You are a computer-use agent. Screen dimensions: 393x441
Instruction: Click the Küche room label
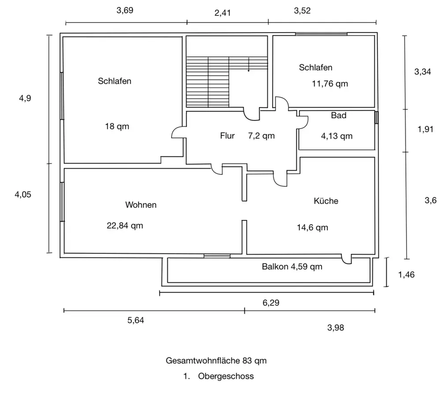coord(326,201)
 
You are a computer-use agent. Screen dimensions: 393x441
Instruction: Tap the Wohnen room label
coord(141,205)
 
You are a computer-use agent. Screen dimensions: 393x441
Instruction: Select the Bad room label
coord(339,116)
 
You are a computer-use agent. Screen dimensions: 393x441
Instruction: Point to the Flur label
coord(228,136)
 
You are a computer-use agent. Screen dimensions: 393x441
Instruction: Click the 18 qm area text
coord(117,126)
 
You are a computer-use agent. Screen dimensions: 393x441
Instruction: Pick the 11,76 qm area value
coord(330,84)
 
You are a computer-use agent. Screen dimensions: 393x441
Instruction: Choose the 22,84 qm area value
coord(125,226)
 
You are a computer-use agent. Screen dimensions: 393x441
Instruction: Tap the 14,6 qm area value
coord(313,227)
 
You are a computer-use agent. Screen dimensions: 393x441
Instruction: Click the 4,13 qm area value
coord(336,136)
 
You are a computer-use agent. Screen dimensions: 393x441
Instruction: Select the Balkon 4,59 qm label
coord(292,267)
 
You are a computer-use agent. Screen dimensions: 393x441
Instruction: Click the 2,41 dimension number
coord(223,13)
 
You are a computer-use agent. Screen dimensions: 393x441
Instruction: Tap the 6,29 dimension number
coord(271,303)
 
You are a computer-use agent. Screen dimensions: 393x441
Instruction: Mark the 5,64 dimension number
coord(136,320)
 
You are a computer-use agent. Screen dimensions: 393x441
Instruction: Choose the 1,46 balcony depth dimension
coord(406,275)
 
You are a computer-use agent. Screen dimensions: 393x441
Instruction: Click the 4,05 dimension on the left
coord(24,194)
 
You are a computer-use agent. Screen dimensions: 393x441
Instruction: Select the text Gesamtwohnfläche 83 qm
coord(216,360)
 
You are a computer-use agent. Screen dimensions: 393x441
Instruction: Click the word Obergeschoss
coord(226,376)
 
